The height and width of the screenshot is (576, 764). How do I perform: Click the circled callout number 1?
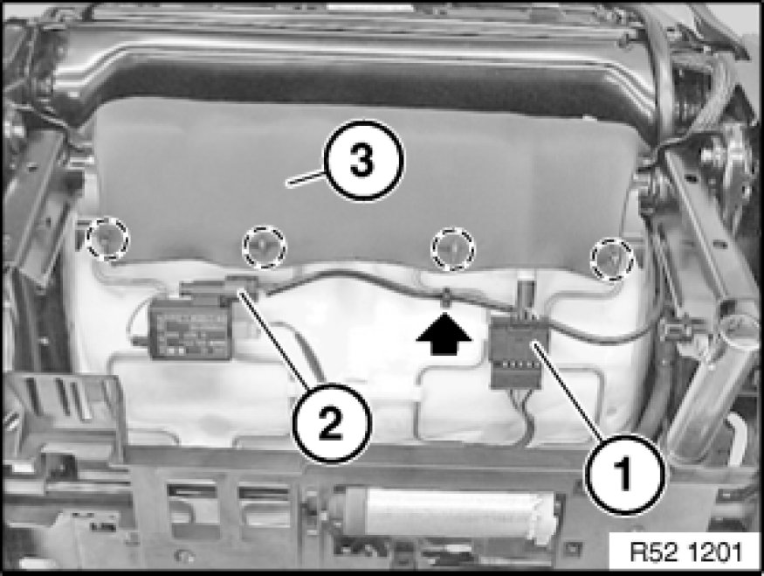[x=625, y=474]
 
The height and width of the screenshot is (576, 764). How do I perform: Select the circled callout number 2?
[x=332, y=423]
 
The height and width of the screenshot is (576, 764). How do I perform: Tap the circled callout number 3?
[x=364, y=160]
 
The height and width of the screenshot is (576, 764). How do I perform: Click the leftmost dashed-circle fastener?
[x=107, y=239]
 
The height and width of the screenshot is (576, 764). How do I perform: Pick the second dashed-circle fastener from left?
[x=264, y=246]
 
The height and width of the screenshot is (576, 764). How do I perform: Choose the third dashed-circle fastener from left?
[x=453, y=249]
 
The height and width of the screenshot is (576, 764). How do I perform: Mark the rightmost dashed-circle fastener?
[x=612, y=260]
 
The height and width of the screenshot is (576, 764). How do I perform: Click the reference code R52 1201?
[x=686, y=552]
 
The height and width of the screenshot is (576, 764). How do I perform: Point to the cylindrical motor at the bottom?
[x=448, y=510]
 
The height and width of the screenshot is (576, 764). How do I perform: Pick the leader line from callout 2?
[x=276, y=340]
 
